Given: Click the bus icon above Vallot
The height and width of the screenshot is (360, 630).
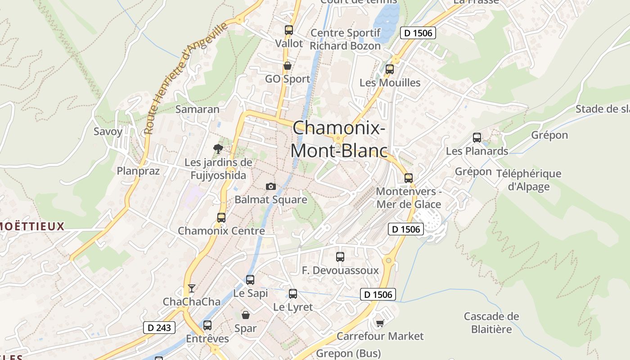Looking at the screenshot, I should [x=289, y=30].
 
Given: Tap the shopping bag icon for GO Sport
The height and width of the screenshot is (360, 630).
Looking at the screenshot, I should [x=288, y=66].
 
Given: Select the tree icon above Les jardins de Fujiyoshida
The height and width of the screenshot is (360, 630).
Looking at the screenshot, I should [x=218, y=148].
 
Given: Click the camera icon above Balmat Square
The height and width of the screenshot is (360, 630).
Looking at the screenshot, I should [x=270, y=186].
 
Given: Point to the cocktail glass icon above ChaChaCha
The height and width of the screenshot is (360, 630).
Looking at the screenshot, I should [x=192, y=288].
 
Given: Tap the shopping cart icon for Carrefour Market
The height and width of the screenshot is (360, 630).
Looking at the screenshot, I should [x=380, y=323].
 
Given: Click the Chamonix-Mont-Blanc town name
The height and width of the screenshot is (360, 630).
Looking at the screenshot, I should [x=338, y=139].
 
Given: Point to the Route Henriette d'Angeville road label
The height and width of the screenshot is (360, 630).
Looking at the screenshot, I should [x=186, y=79].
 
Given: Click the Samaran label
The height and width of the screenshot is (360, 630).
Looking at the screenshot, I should [x=198, y=109].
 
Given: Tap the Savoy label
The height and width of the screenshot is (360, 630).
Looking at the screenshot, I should [x=108, y=131].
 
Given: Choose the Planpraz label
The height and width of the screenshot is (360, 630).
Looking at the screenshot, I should [x=138, y=171].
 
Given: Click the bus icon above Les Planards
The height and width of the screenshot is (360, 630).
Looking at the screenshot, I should [x=477, y=138].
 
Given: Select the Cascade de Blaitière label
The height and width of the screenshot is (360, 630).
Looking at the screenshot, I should [x=491, y=323].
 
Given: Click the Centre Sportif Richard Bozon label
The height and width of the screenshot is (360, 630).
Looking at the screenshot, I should [x=345, y=39].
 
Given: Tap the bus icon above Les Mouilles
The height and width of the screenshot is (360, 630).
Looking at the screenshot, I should [x=390, y=69].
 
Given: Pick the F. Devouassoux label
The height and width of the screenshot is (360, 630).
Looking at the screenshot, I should [x=341, y=270].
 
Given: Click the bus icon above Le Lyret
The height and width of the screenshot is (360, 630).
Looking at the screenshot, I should [x=293, y=294].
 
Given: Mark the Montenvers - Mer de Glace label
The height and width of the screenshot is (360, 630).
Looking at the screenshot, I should [x=409, y=198].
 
